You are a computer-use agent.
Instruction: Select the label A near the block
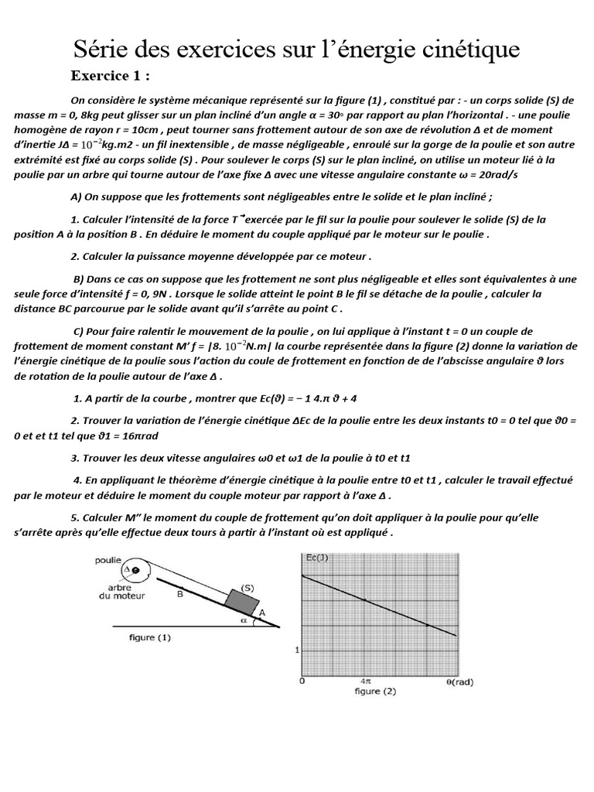click(x=261, y=611)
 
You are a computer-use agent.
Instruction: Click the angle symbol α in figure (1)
click(x=244, y=619)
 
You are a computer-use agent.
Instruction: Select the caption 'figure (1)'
click(x=149, y=638)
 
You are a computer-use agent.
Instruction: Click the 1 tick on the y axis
click(x=296, y=650)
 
